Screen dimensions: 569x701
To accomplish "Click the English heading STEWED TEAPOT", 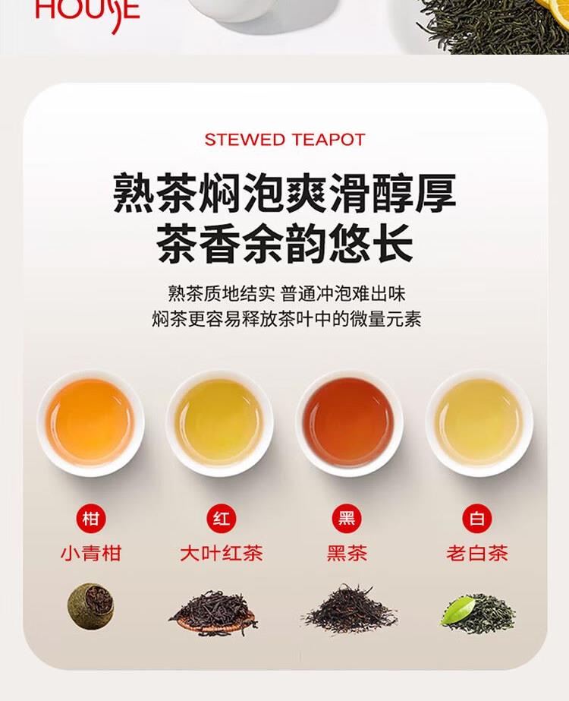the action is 285,140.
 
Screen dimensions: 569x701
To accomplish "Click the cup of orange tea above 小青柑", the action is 91,422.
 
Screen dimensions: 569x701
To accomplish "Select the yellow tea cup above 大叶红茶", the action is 220,422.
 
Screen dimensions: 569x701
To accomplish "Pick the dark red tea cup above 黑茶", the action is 349,422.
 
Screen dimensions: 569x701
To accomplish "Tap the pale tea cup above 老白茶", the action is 479,422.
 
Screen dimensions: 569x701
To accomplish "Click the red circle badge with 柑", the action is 91,519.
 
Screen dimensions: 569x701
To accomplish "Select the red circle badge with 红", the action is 221,519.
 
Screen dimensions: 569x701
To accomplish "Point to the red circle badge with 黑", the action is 347,519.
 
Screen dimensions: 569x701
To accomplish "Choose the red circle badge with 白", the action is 477,519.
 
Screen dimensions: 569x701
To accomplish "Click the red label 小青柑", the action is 91,554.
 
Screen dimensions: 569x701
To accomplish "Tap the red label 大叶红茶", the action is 221,554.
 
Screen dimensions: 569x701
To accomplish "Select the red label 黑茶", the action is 347,554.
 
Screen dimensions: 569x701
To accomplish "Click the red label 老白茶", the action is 477,554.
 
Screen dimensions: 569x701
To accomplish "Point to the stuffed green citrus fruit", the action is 91,606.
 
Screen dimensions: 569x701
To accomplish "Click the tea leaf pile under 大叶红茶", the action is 213,612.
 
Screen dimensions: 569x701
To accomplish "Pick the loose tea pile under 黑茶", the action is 349,609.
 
